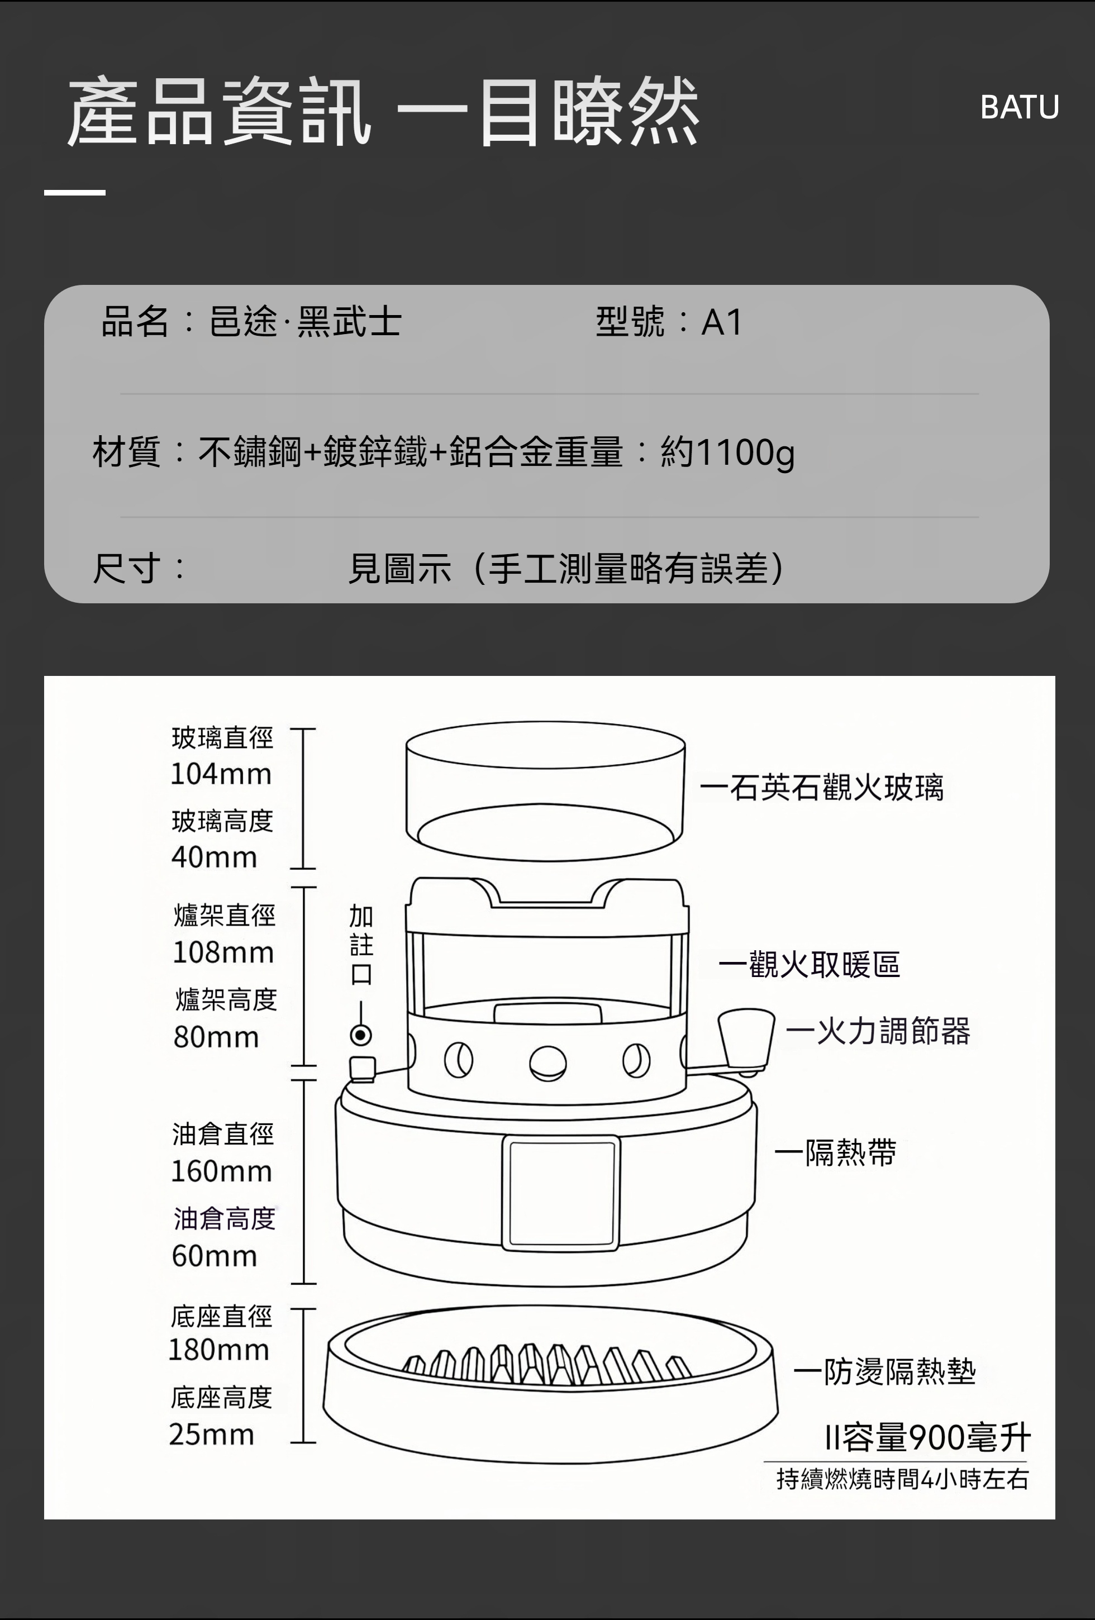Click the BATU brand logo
[1019, 107]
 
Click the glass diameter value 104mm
[221, 774]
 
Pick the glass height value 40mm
[214, 857]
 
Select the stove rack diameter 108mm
[223, 952]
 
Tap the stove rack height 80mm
[216, 1037]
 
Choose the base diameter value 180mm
[219, 1350]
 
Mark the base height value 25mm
[211, 1435]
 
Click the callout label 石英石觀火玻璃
[836, 788]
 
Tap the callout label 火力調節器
[893, 1031]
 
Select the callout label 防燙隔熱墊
[900, 1371]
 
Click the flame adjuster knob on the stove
[746, 1038]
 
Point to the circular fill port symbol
[360, 1035]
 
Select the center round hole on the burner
[548, 1063]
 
